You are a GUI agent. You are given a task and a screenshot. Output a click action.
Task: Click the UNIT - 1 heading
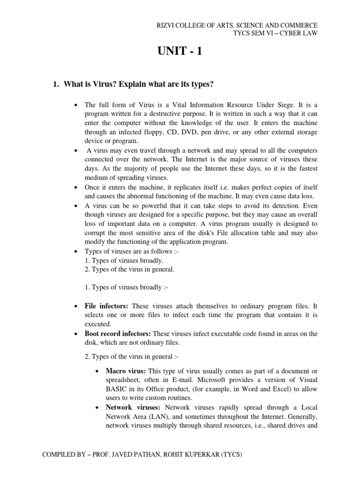pyautogui.click(x=180, y=52)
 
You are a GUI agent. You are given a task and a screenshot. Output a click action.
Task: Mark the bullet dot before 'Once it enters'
pyautogui.click(x=75, y=187)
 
